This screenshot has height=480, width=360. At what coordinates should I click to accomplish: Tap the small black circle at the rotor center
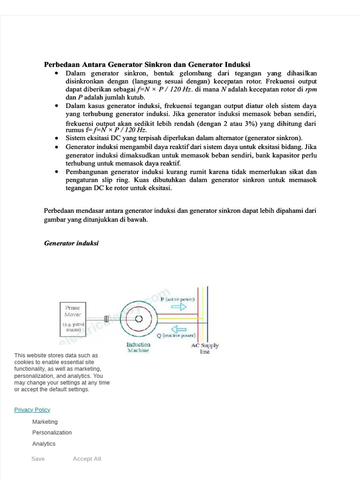click(139, 319)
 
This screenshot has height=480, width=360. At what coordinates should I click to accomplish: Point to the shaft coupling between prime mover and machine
click(106, 319)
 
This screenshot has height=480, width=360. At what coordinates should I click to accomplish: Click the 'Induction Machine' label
click(138, 347)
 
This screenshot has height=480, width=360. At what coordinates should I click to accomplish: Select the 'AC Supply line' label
click(205, 348)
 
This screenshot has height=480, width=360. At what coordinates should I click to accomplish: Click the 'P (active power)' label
click(178, 299)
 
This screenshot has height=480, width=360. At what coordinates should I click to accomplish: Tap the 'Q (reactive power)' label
click(176, 336)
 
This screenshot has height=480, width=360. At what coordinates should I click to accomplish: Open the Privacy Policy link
click(32, 410)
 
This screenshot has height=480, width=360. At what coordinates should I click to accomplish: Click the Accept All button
click(87, 459)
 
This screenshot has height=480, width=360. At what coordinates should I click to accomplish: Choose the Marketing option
click(45, 422)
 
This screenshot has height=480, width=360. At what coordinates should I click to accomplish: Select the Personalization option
click(52, 433)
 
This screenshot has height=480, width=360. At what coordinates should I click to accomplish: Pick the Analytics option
click(44, 444)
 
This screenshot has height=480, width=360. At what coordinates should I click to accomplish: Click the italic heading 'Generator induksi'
click(71, 243)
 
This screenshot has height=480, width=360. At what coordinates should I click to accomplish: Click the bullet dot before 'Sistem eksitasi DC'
click(57, 138)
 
